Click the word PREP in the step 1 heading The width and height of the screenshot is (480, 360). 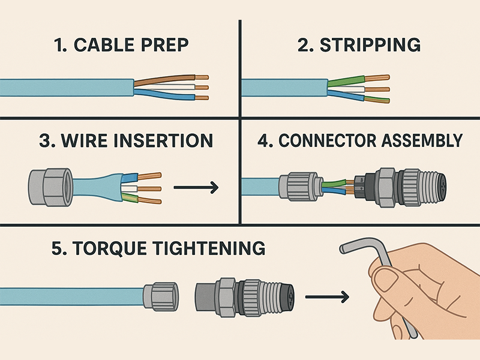pyautogui.click(x=166, y=44)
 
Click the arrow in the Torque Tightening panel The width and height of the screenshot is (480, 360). pyautogui.click(x=326, y=296)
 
